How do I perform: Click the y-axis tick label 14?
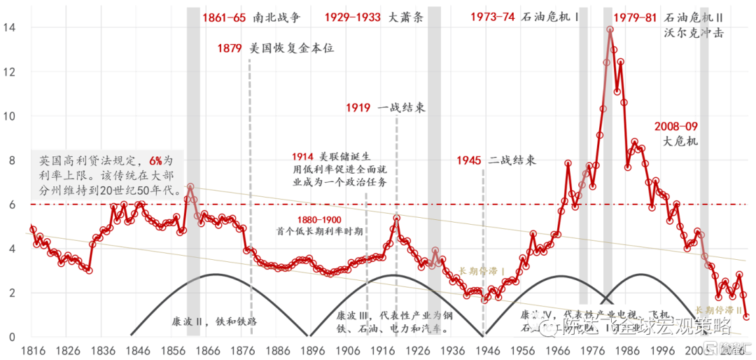(10, 27)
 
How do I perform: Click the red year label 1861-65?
(224, 18)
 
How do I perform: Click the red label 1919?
(359, 108)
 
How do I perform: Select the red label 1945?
(468, 160)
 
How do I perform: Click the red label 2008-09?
(675, 127)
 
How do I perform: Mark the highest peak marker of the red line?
(610, 30)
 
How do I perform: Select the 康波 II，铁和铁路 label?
(214, 321)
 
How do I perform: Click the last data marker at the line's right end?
(747, 317)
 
